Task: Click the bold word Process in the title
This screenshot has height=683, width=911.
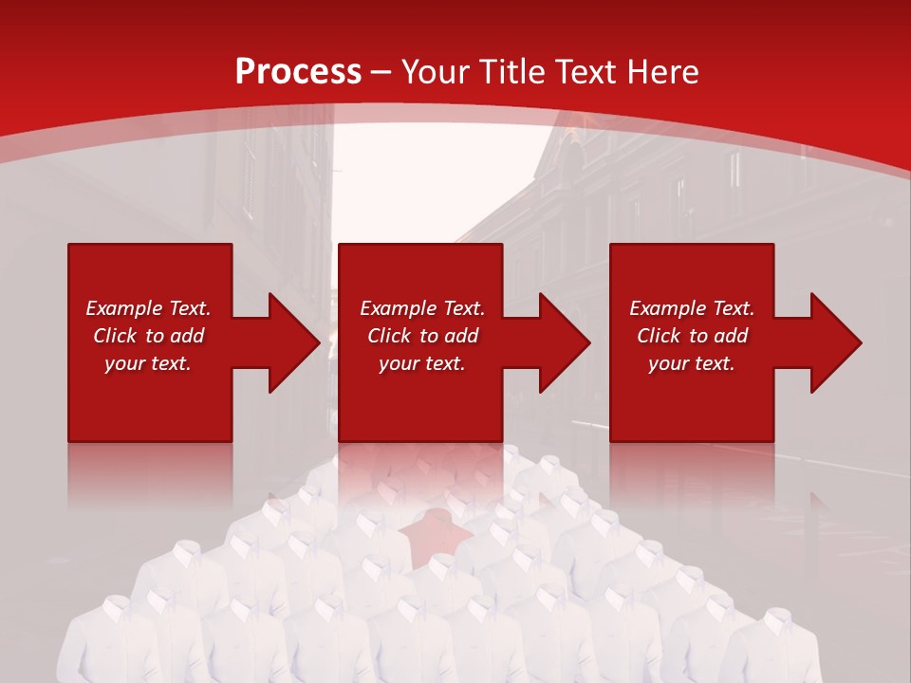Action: [298, 72]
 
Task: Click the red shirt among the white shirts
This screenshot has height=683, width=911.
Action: [436, 531]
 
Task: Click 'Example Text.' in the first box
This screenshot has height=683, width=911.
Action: [148, 308]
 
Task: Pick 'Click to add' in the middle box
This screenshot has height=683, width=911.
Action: [422, 336]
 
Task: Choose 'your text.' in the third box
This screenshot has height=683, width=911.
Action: [692, 363]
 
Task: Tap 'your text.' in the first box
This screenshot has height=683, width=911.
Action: [148, 363]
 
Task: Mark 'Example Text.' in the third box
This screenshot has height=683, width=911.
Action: [692, 308]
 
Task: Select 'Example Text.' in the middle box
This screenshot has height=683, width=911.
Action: [422, 308]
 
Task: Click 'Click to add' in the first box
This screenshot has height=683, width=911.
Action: [148, 336]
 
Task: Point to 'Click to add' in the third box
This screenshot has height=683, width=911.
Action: [692, 336]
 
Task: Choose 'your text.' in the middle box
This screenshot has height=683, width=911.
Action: [422, 363]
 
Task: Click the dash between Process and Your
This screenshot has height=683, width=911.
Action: [381, 72]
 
